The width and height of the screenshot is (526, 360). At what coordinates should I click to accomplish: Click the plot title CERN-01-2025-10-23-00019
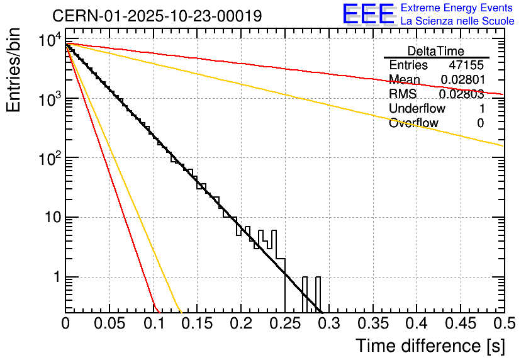(x=157, y=15)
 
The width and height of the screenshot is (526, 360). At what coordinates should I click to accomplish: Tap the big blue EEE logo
(x=368, y=14)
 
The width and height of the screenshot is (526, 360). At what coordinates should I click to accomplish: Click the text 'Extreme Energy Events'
(x=457, y=8)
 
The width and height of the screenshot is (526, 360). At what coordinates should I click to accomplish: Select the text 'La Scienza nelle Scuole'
(x=457, y=21)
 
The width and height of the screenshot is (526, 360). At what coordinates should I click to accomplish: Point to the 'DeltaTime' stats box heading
(x=435, y=51)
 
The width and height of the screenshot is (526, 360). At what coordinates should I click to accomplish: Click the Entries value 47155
(x=466, y=65)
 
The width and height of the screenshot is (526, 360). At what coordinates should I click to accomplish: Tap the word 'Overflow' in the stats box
(x=413, y=123)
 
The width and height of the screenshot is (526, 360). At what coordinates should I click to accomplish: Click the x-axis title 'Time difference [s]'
(x=430, y=346)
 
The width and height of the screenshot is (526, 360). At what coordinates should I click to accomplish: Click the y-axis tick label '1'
(x=56, y=278)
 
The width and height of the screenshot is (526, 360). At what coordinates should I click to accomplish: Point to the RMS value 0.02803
(x=461, y=94)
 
